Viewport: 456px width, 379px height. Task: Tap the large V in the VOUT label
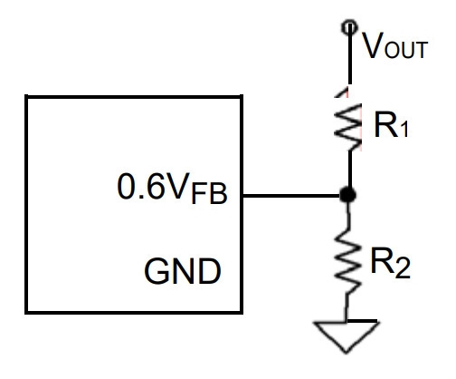(374, 45)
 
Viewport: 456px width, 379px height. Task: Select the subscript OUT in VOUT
(406, 50)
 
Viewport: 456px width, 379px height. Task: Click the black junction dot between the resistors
(348, 195)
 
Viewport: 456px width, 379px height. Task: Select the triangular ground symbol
(347, 336)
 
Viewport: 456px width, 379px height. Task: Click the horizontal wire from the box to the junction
(291, 196)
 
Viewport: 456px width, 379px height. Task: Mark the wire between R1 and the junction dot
(350, 170)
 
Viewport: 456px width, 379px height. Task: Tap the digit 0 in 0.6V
(127, 186)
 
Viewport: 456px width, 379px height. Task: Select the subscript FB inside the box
(209, 193)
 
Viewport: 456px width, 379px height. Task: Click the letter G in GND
(157, 271)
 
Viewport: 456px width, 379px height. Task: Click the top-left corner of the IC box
(26, 97)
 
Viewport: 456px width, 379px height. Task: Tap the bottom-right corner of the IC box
(242, 313)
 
